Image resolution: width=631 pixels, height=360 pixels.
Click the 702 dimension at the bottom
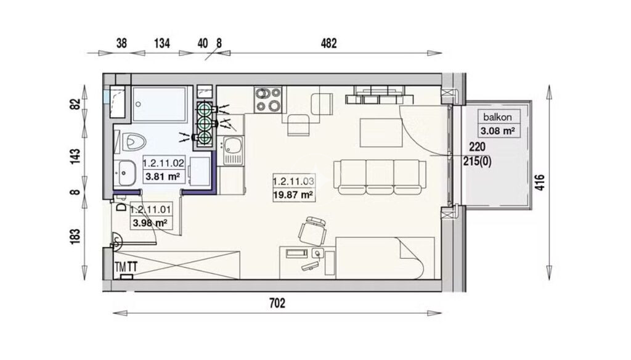point(277,303)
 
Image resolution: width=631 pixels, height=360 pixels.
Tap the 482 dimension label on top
point(328,43)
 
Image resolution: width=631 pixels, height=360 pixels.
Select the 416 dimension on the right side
point(539,182)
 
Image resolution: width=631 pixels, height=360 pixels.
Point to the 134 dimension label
point(162,43)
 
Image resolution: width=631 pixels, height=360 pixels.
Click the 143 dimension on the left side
point(75,156)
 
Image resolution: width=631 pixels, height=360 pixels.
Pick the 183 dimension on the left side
point(75,236)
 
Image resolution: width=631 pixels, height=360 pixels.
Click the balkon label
point(497,117)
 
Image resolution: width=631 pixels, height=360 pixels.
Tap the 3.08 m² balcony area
point(498,131)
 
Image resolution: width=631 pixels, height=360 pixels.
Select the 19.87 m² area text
point(293,195)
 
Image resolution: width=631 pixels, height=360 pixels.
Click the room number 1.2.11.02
point(163,163)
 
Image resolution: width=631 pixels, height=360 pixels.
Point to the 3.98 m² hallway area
point(150,223)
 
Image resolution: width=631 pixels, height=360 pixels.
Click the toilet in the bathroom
point(133,142)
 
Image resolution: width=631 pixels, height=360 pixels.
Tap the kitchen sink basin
point(233,145)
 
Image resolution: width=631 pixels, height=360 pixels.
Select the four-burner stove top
point(267,99)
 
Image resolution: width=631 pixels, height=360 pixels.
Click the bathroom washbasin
point(124,173)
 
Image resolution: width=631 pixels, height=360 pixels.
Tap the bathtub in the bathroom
point(160,104)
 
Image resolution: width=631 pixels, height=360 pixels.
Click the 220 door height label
point(477,147)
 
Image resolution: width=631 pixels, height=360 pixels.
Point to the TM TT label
point(126,266)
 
